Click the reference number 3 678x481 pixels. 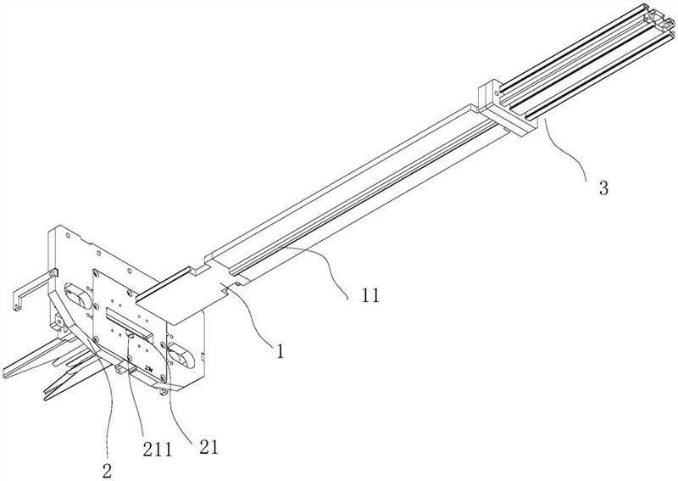[603, 187]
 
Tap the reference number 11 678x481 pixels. [370, 295]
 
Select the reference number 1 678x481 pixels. [281, 350]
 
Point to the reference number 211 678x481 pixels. [157, 450]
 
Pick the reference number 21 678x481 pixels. [208, 447]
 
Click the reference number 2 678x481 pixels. [108, 471]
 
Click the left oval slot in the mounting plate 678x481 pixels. [78, 296]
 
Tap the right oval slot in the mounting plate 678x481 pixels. [181, 355]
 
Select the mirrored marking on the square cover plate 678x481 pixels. [150, 369]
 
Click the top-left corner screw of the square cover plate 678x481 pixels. [96, 273]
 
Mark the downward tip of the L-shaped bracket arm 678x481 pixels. [16, 308]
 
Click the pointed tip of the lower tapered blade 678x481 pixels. [46, 398]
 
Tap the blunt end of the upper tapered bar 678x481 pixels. [5, 372]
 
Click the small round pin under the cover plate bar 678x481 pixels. [130, 333]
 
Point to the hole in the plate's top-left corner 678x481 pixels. [68, 236]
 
